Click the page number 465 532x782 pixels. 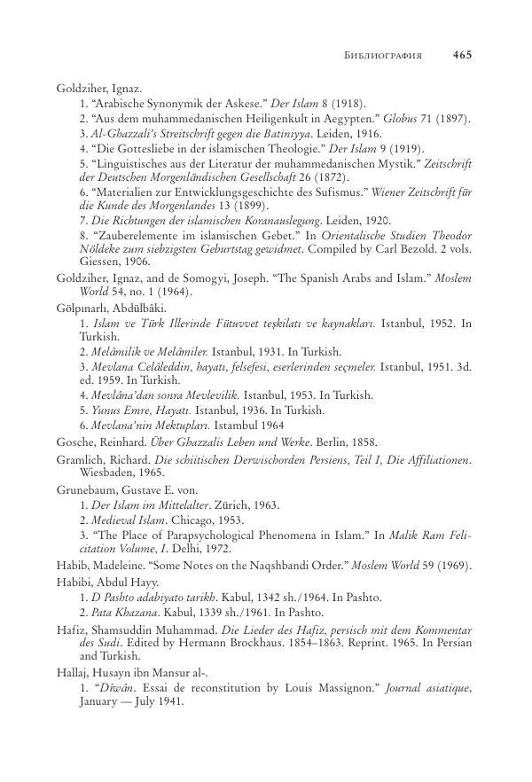click(x=461, y=54)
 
